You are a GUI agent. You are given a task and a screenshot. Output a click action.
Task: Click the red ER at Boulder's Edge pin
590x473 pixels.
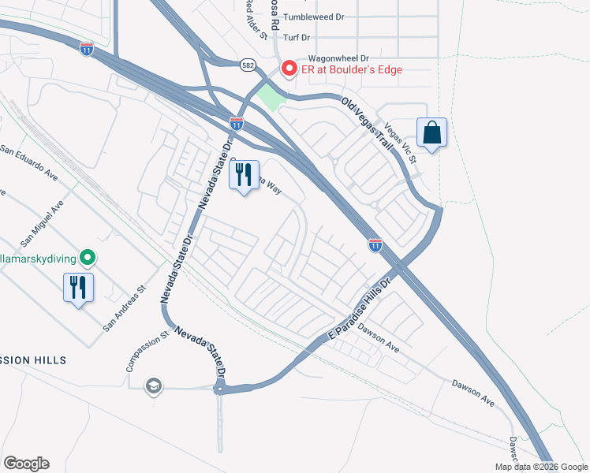(x=289, y=69)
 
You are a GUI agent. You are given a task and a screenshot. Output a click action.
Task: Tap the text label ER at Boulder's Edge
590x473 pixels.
(x=350, y=69)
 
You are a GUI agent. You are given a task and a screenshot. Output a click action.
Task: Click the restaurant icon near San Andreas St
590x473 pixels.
(x=79, y=287)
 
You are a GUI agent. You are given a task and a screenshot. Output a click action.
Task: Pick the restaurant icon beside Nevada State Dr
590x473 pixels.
(x=244, y=174)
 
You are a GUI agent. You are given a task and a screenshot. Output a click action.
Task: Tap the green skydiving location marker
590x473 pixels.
(x=88, y=258)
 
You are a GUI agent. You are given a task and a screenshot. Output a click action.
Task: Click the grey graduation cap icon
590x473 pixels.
(x=153, y=385)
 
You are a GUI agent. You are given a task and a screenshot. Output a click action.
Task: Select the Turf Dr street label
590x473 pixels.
(x=297, y=37)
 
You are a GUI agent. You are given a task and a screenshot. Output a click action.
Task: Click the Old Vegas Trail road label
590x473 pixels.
(x=367, y=119)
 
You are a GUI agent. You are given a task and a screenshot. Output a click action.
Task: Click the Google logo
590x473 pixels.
(x=26, y=464)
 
